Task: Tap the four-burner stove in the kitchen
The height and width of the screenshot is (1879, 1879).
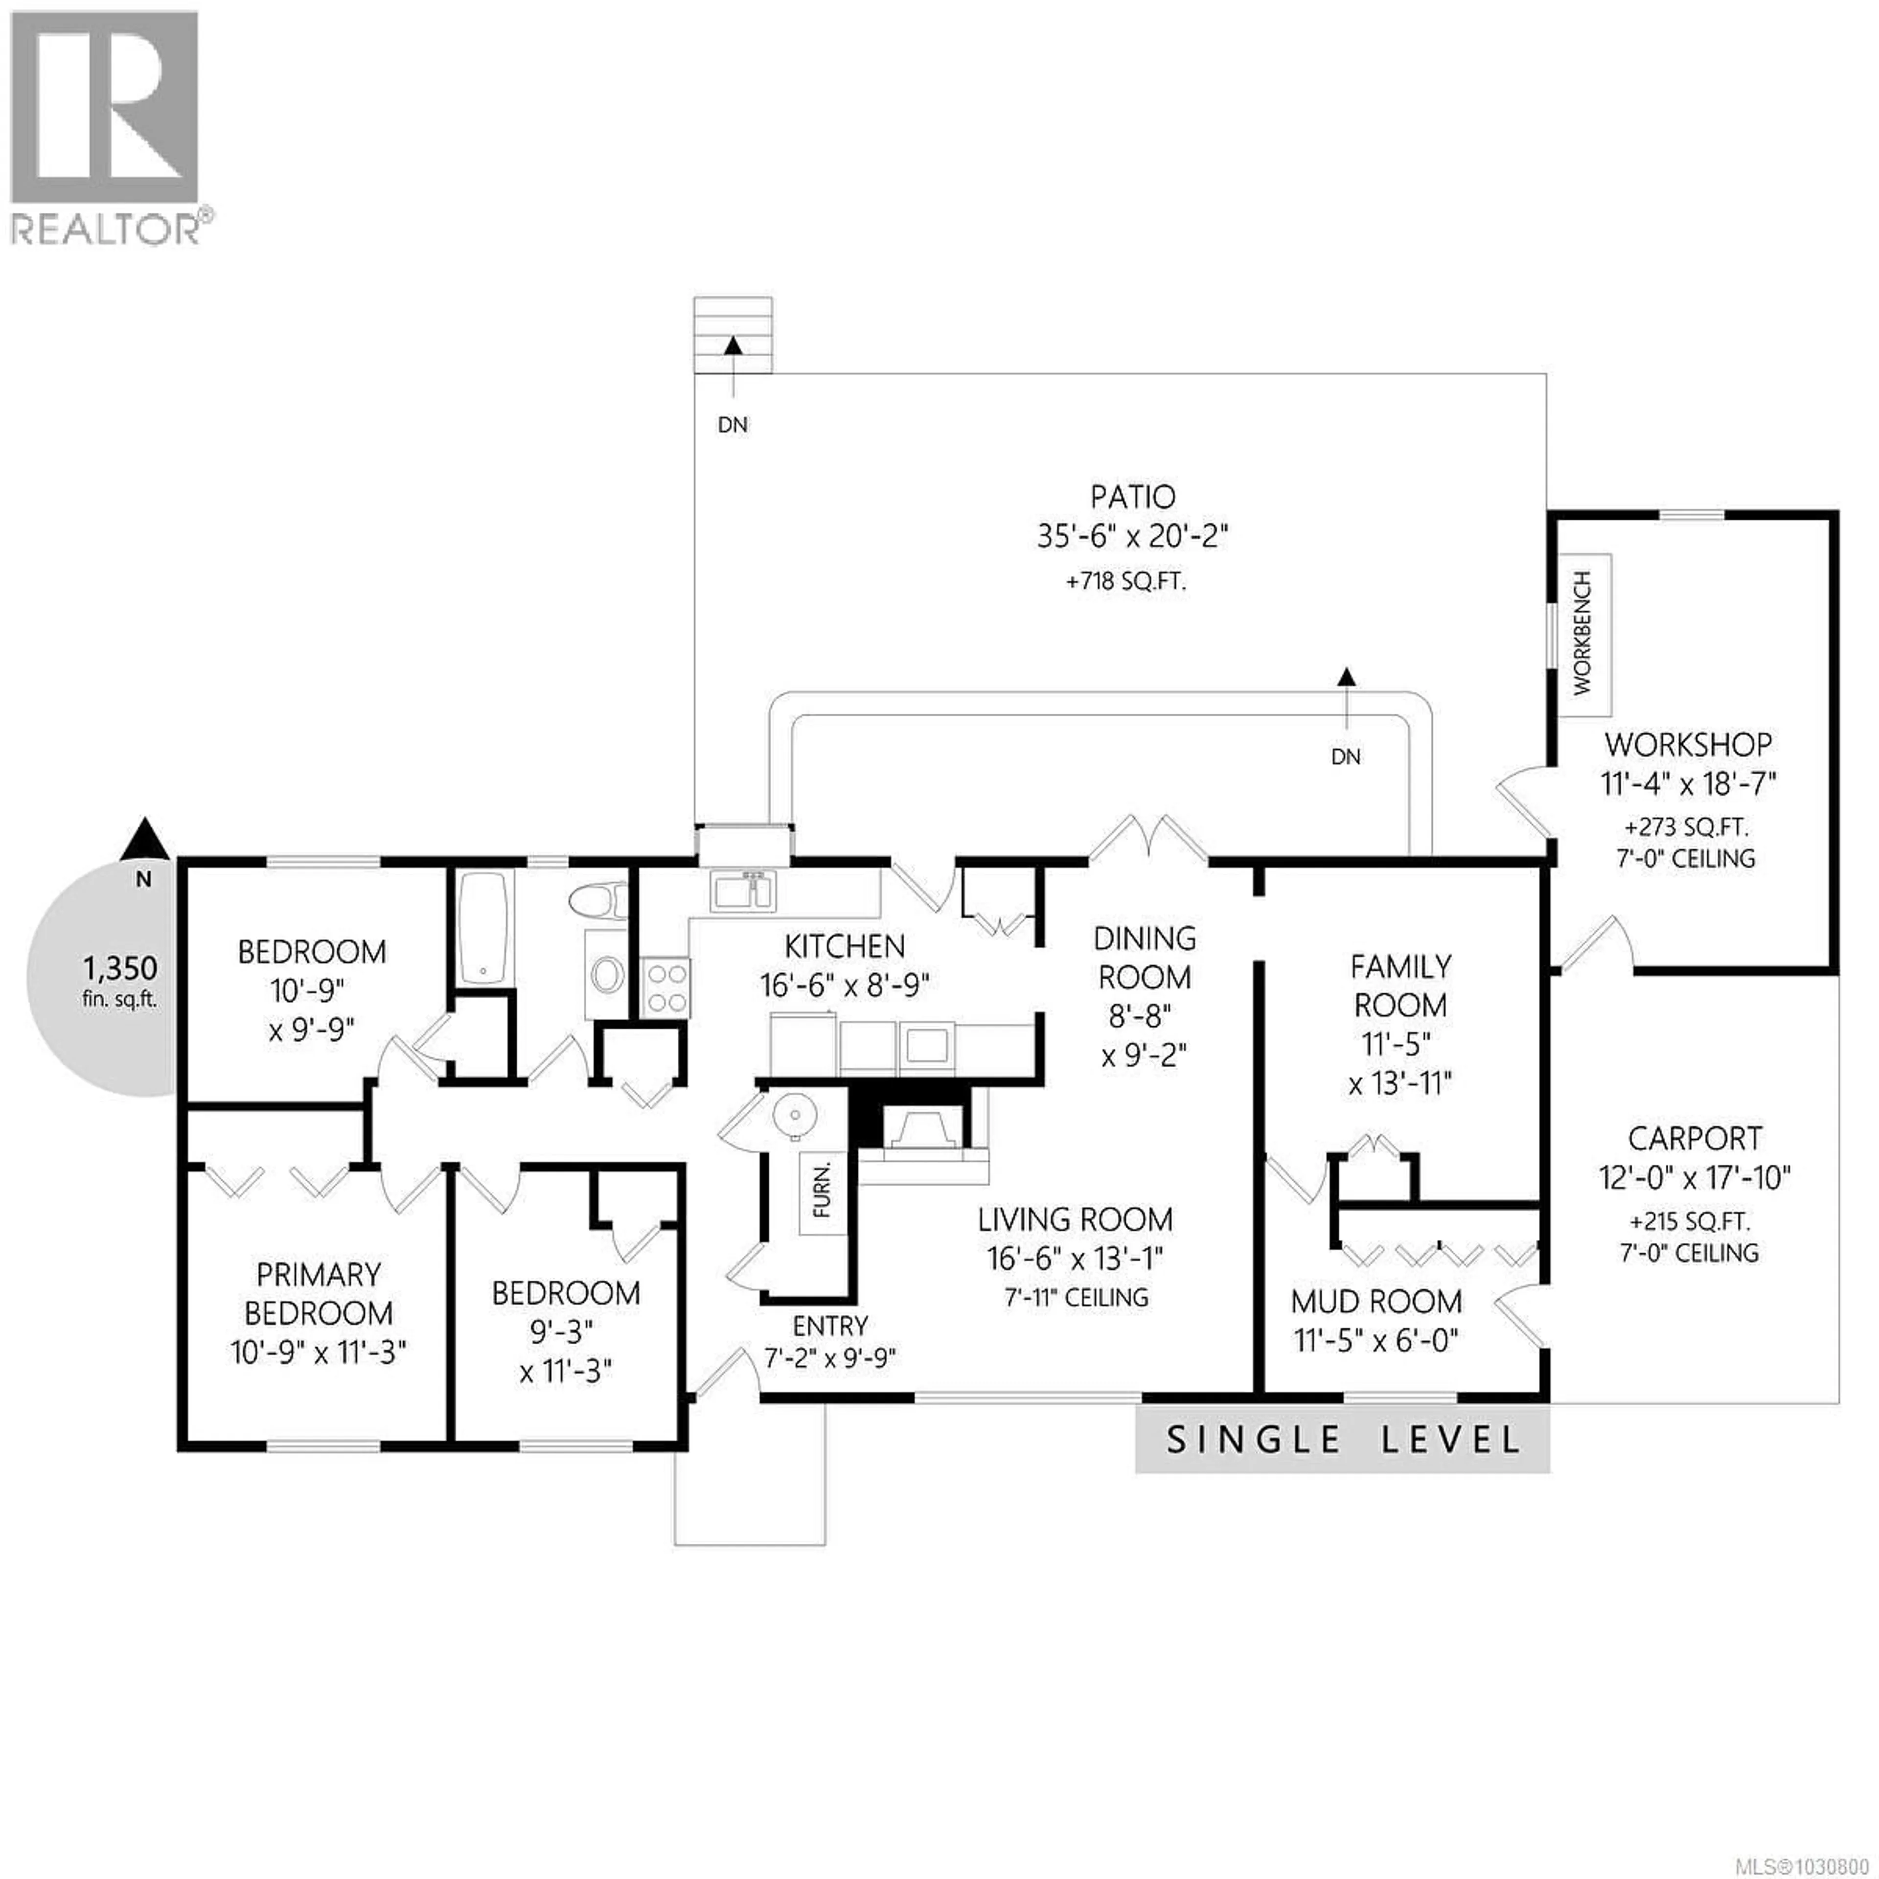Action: click(x=665, y=987)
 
